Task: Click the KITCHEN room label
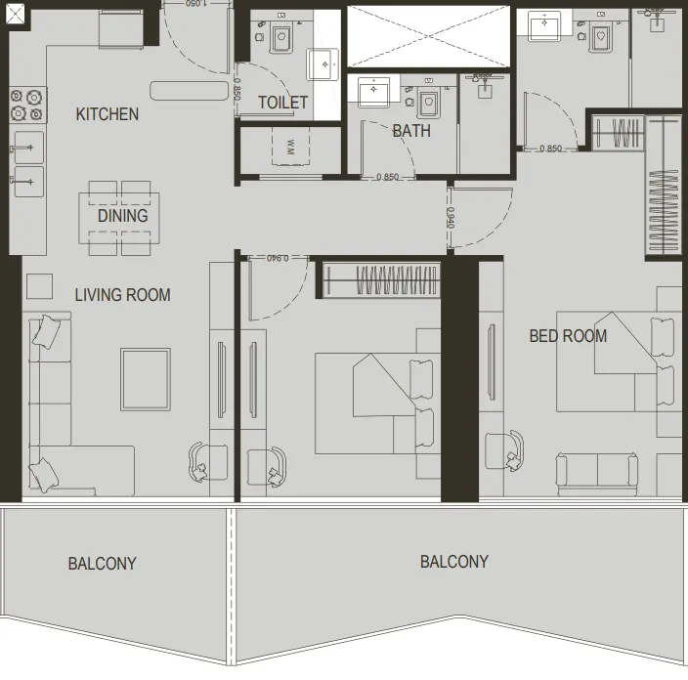107,114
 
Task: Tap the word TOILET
283,103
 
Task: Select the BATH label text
410,131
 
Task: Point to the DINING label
123,216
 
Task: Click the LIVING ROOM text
123,294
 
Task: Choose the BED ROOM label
568,336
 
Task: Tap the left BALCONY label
103,564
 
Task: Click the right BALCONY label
454,562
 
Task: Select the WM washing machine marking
290,148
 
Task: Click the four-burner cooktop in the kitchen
28,105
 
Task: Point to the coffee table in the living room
146,379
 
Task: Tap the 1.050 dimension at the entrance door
199,4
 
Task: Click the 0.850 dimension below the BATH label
388,178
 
